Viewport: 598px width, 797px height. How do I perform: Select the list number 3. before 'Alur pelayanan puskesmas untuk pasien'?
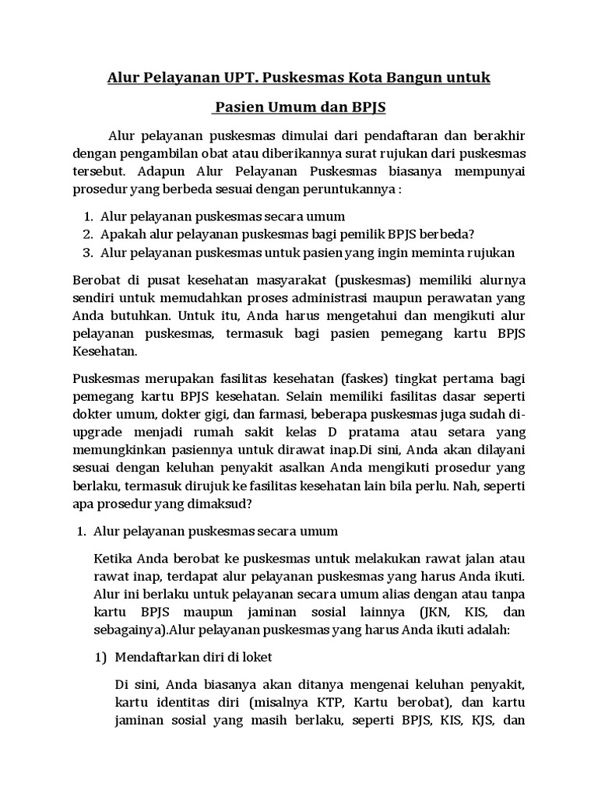point(87,252)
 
